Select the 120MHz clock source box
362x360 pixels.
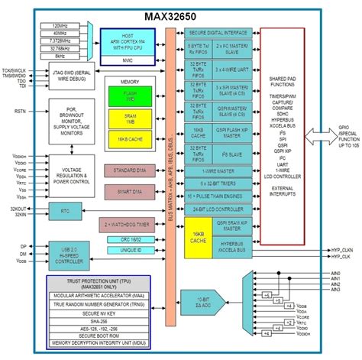click(57, 26)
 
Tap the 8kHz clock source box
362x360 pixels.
click(57, 56)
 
